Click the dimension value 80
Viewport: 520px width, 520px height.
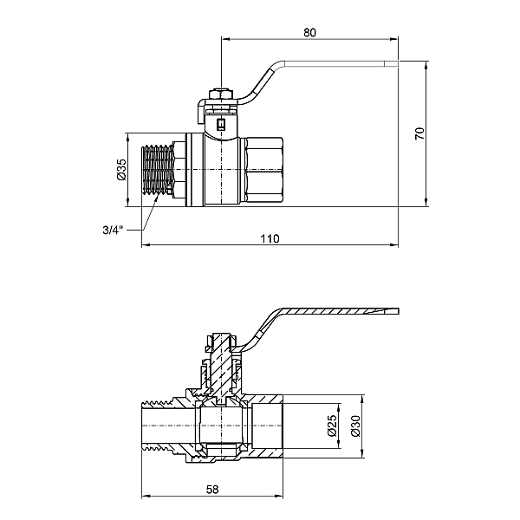pos(309,33)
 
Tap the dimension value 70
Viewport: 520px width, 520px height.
pos(419,133)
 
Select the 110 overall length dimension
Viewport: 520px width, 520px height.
pos(270,239)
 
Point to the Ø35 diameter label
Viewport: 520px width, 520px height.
pos(121,170)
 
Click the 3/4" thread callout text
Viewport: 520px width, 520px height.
pos(113,230)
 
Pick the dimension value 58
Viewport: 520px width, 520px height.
pos(212,489)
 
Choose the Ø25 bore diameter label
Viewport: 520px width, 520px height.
pos(332,426)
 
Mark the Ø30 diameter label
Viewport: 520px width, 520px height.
pos(355,426)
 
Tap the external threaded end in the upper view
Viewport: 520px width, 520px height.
pos(158,170)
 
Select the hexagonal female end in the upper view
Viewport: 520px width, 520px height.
pos(263,170)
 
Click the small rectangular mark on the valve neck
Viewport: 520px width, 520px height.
pos(221,124)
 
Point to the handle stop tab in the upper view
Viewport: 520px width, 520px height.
pos(202,113)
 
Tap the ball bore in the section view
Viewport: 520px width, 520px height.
pos(221,426)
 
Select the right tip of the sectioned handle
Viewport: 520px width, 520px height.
pos(399,311)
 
